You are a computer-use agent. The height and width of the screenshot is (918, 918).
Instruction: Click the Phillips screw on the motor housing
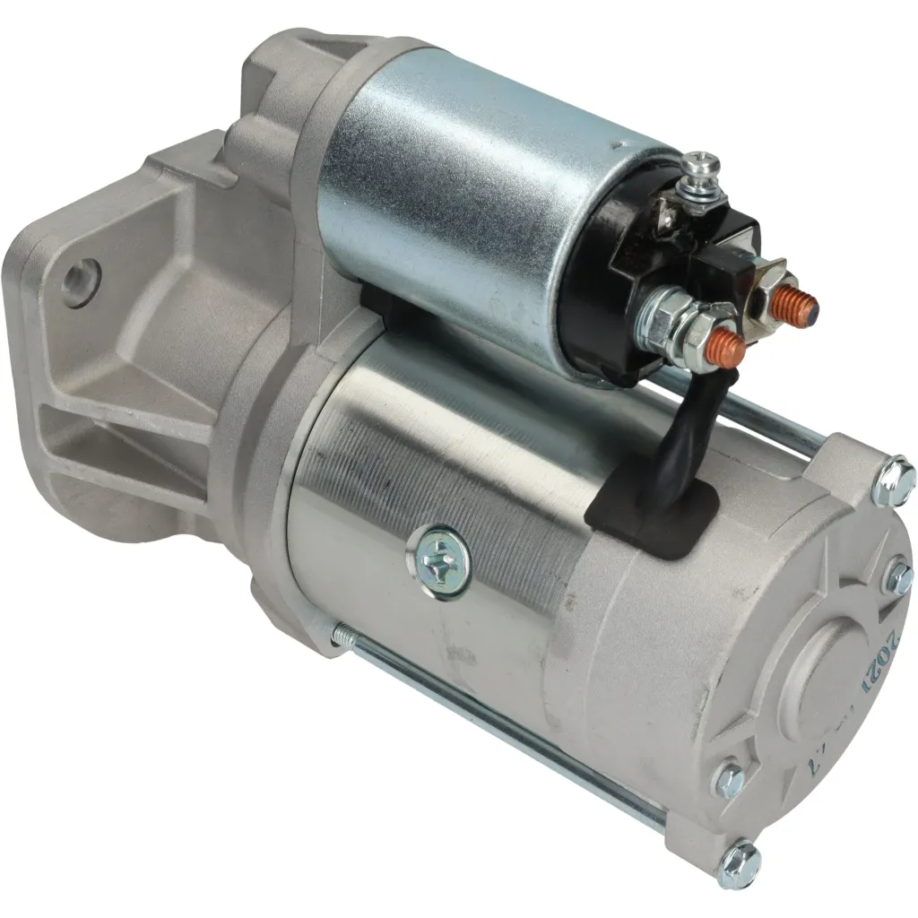tap(442, 557)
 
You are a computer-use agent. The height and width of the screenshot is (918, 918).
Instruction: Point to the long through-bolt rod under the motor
tap(502, 717)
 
